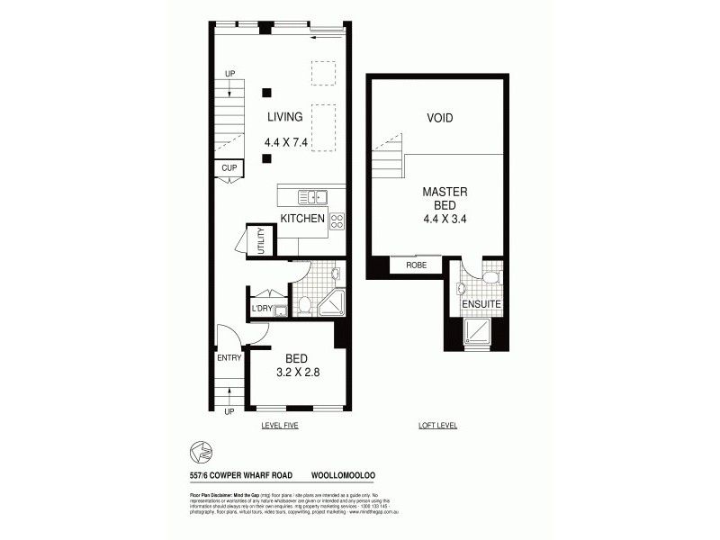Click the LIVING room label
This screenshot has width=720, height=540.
pyautogui.click(x=284, y=117)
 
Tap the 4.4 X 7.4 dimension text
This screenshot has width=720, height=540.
pyautogui.click(x=286, y=142)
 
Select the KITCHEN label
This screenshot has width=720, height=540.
pyautogui.click(x=302, y=219)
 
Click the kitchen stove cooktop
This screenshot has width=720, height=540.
pyautogui.click(x=337, y=220)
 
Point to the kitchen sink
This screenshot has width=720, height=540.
pyautogui.click(x=316, y=196)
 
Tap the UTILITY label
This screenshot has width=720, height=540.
pyautogui.click(x=260, y=242)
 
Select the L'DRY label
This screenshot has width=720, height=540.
pyautogui.click(x=262, y=310)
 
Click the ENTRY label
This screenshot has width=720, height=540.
pyautogui.click(x=229, y=358)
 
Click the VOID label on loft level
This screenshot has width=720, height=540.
pyautogui.click(x=439, y=118)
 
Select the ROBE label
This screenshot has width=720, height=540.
pyautogui.click(x=416, y=265)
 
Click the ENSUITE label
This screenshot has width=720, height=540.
pyautogui.click(x=481, y=305)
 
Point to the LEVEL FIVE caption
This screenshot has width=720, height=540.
pyautogui.click(x=278, y=425)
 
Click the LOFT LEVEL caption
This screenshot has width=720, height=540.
pyautogui.click(x=438, y=425)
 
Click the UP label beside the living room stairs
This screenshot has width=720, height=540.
pyautogui.click(x=229, y=73)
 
